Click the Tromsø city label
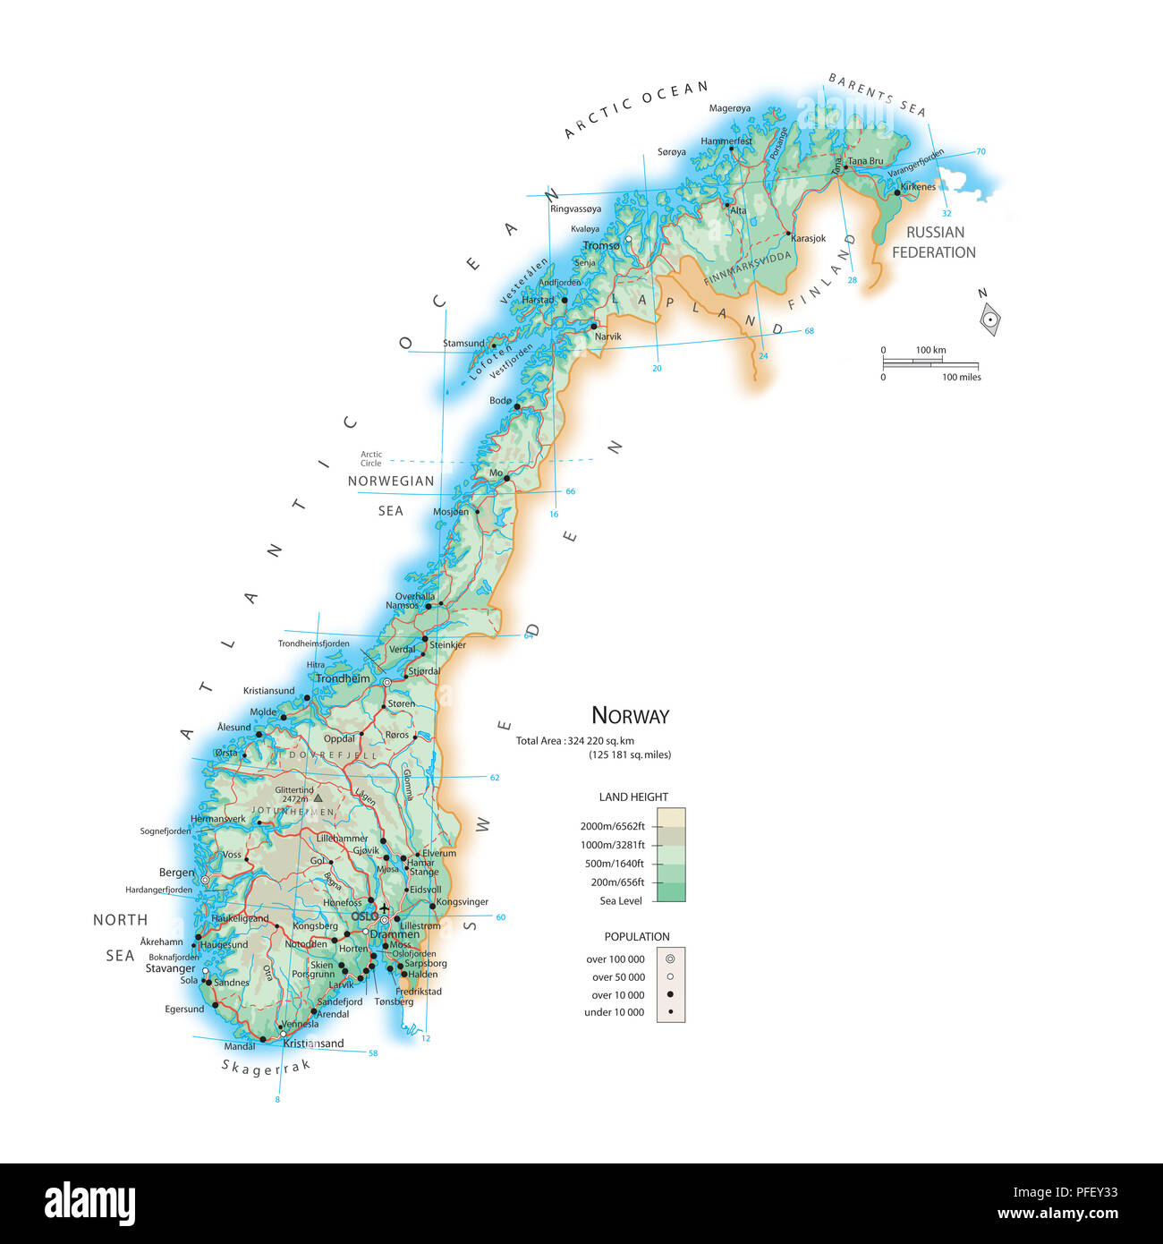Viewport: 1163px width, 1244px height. click(600, 246)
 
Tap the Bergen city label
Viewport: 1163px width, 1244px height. click(176, 873)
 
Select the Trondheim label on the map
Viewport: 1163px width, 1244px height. click(342, 678)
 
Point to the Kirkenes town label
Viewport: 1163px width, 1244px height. click(918, 187)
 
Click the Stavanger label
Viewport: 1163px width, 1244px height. click(170, 968)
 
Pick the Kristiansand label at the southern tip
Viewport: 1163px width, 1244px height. click(313, 1044)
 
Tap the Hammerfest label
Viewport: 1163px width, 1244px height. click(726, 141)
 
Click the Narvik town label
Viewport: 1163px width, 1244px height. click(607, 337)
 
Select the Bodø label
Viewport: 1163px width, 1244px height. click(500, 401)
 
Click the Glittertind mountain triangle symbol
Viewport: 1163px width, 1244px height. click(318, 797)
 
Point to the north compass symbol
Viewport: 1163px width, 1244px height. click(990, 319)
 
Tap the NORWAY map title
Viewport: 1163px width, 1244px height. click(630, 716)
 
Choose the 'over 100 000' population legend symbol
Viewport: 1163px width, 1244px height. click(670, 959)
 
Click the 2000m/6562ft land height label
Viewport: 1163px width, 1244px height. click(612, 826)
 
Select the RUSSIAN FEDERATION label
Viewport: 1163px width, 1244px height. click(934, 243)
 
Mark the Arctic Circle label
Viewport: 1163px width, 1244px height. click(371, 458)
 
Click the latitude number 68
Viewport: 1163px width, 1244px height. click(809, 331)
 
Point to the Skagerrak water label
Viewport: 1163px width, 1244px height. click(266, 1067)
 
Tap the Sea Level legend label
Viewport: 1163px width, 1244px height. click(621, 901)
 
